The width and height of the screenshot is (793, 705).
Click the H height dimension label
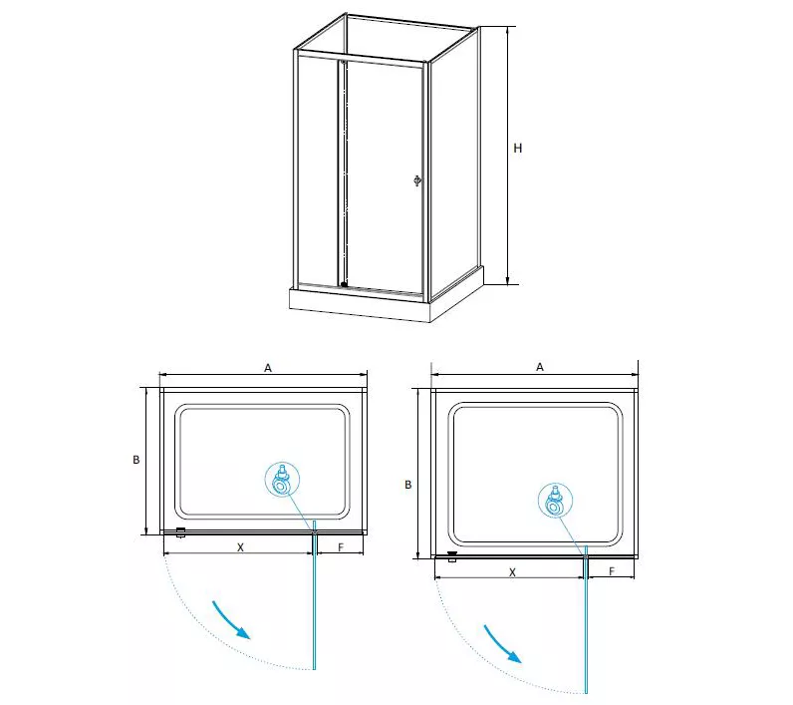click(x=517, y=149)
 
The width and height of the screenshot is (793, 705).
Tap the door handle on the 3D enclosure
click(x=417, y=180)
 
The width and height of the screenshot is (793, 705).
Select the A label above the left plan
click(x=268, y=368)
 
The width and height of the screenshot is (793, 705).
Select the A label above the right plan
click(x=540, y=367)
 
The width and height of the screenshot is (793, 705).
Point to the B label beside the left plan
click(x=136, y=460)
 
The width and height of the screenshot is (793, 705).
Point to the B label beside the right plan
click(x=408, y=485)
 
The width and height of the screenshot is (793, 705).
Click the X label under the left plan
click(x=241, y=547)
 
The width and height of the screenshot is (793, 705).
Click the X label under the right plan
click(x=512, y=572)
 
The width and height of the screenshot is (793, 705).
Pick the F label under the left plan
click(x=341, y=547)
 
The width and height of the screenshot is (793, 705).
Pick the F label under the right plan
click(x=612, y=571)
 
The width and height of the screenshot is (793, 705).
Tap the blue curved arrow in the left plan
click(x=232, y=620)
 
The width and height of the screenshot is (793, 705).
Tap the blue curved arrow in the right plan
click(x=503, y=644)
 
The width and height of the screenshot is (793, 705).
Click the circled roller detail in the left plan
click(x=282, y=480)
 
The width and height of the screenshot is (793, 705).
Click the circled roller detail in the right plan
click(x=555, y=500)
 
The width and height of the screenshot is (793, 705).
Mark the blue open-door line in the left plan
click(x=315, y=595)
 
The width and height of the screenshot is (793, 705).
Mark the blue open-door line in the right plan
click(x=586, y=619)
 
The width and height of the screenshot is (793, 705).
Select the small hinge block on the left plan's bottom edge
click(x=181, y=531)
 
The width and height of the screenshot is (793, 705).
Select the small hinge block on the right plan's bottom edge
click(x=452, y=556)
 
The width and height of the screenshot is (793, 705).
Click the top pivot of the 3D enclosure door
click(x=344, y=62)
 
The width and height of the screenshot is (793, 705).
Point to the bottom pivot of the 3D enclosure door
click(x=344, y=284)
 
